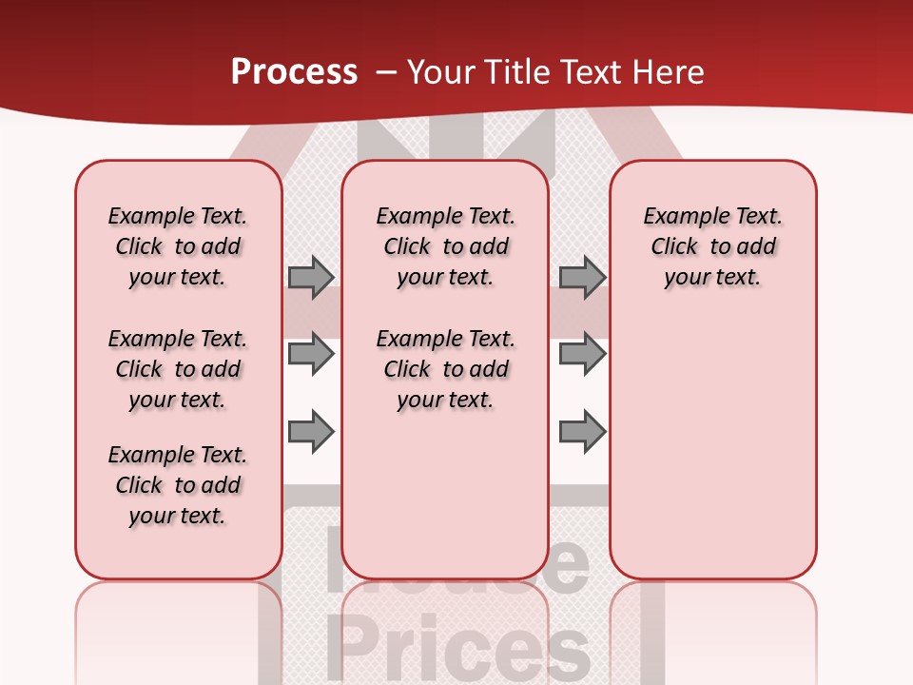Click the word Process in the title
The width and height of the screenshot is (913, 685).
pos(294,71)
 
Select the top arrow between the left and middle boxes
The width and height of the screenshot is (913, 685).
pos(311,277)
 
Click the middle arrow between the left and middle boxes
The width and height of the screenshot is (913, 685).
pos(311,354)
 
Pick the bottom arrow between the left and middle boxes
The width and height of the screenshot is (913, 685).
pos(311,431)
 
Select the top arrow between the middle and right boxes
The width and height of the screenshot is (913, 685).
pos(582,277)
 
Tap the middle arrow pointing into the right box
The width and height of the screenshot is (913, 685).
pos(582,354)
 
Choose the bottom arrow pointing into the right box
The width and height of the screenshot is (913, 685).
pos(582,431)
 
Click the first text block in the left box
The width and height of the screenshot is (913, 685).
pos(178,246)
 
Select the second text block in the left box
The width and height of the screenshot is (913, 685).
pos(178,369)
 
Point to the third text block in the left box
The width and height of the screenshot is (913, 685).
pos(178,485)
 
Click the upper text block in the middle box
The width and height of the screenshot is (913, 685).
pos(445,246)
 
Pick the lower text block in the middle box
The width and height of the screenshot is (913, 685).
pos(445,369)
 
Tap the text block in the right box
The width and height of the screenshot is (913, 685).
pos(712,246)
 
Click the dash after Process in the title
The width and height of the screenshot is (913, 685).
pos(386,71)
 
